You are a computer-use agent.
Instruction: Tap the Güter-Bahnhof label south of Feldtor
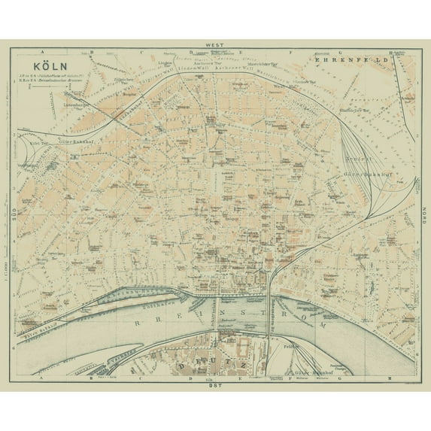319,361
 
